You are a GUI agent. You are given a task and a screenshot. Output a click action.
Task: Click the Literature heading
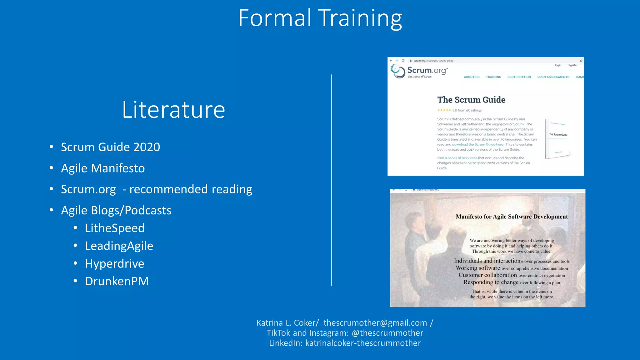tap(173, 110)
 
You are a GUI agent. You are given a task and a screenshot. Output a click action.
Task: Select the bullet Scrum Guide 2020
tap(110, 147)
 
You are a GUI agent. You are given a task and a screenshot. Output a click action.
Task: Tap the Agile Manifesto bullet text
tap(103, 168)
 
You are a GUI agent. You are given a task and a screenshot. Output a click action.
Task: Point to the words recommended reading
tap(191, 189)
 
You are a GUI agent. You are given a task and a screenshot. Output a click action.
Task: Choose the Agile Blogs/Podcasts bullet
tap(116, 210)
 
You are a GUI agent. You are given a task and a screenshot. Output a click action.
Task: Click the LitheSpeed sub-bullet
tap(115, 228)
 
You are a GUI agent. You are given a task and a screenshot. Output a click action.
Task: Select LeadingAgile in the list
tap(119, 246)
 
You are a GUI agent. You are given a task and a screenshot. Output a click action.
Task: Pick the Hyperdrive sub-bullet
tap(115, 264)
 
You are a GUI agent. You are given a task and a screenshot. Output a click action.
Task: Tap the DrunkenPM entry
tap(117, 281)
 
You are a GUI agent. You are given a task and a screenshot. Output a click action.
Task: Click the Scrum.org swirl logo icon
tap(398, 71)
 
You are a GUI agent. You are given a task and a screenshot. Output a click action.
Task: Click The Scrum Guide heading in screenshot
tap(471, 100)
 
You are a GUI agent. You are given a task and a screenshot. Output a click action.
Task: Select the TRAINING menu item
tap(493, 77)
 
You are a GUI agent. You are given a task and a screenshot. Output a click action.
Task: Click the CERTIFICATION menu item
tap(519, 77)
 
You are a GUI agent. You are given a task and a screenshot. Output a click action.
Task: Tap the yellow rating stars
tap(444, 110)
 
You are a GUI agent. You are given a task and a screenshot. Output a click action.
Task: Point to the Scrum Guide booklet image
tap(557, 138)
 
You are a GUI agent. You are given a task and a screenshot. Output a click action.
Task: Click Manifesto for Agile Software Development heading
tap(512, 217)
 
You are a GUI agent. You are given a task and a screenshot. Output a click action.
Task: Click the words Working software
tap(478, 268)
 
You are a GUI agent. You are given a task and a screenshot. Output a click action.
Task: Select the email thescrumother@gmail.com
tap(375, 323)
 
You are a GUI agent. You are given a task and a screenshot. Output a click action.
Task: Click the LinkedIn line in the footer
tap(345, 343)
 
